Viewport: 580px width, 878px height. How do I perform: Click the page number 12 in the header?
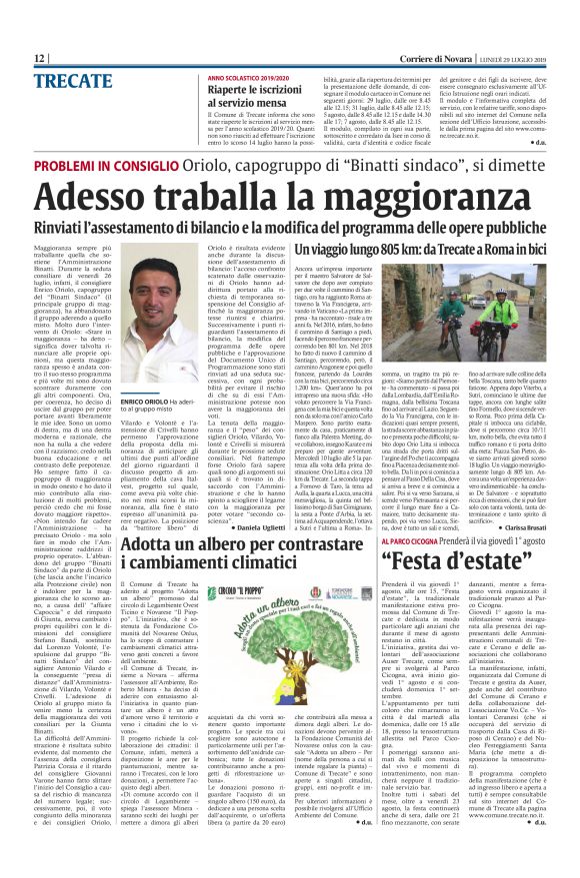pyautogui.click(x=39, y=59)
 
